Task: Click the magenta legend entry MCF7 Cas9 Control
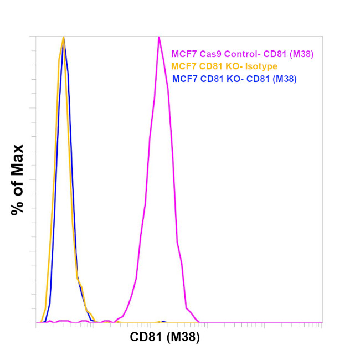point(243,54)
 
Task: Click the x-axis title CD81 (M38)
point(164,337)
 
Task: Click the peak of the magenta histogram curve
point(159,37)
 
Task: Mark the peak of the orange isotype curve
point(64,37)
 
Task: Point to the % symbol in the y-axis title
point(17,208)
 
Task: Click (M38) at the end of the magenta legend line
point(301,54)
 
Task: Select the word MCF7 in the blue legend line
point(183,79)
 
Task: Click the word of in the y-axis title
point(17,185)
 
